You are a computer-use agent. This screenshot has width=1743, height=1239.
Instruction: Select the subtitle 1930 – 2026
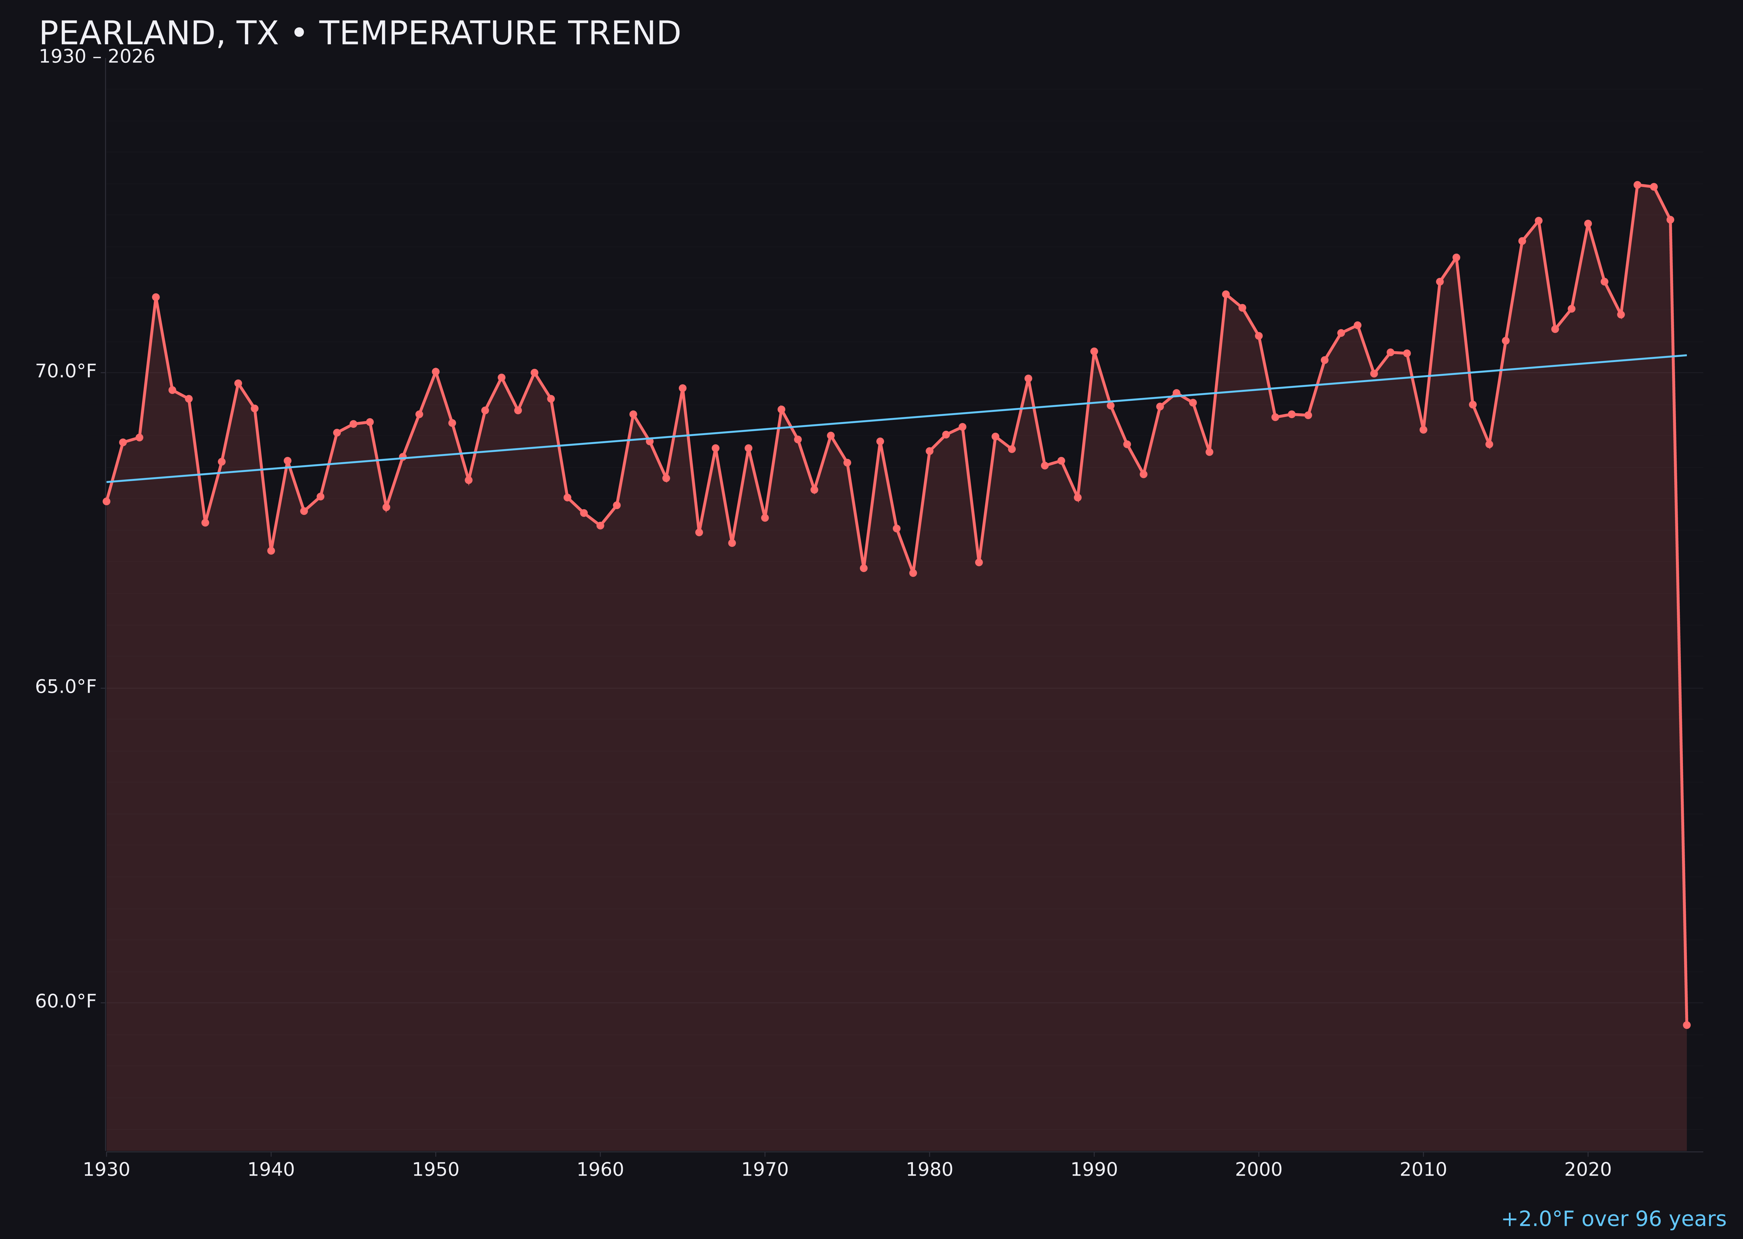(97, 57)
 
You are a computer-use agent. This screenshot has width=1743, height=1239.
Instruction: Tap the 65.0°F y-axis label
(66, 687)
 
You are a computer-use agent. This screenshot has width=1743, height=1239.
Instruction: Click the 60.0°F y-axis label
(66, 1001)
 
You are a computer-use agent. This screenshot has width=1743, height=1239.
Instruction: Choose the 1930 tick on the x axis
(106, 1170)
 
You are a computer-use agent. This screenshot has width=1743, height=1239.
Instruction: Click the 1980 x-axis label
(929, 1170)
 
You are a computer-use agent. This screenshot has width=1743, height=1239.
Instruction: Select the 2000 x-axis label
(1258, 1170)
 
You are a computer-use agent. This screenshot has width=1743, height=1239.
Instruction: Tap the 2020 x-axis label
(1587, 1170)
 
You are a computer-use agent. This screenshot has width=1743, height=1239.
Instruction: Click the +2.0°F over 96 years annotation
(1613, 1219)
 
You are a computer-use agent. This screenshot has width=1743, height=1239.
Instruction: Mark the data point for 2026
(1686, 1025)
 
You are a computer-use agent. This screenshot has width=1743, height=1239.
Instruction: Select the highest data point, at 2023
(1637, 185)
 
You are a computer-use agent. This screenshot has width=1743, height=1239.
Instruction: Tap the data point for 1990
(1094, 352)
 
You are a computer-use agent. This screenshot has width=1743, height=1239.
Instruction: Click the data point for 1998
(1226, 295)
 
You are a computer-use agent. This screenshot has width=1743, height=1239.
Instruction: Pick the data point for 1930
(106, 501)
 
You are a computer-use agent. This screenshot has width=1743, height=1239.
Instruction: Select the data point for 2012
(1456, 257)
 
